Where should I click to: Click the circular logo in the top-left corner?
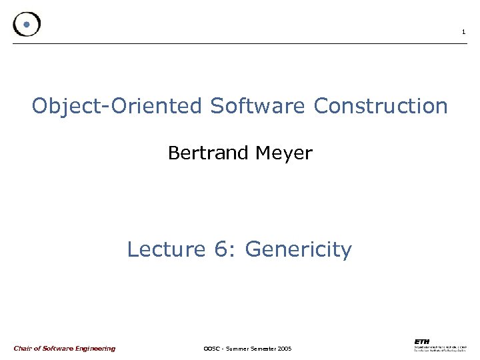(x=27, y=24)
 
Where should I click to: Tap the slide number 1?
(x=463, y=33)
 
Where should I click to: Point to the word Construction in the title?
(x=381, y=106)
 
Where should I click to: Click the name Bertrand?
(x=208, y=153)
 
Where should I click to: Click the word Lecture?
(x=167, y=249)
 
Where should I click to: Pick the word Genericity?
(x=298, y=250)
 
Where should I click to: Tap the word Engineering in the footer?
(x=94, y=349)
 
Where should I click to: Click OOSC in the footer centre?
(x=211, y=349)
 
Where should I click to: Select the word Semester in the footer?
(x=266, y=349)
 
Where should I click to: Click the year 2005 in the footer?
(x=285, y=349)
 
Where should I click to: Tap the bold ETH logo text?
(x=422, y=341)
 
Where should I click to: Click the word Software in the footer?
(x=57, y=348)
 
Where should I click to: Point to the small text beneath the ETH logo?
(x=440, y=349)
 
